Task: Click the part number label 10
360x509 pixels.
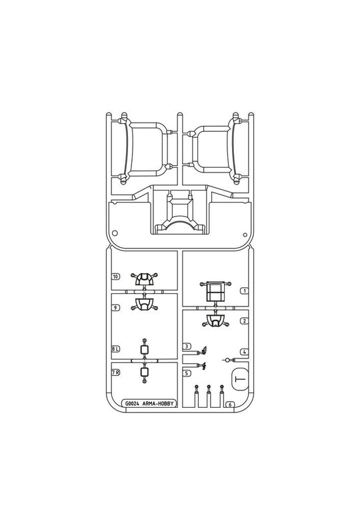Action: point(115,276)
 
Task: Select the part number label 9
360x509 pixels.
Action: point(115,307)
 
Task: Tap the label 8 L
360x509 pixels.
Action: point(115,349)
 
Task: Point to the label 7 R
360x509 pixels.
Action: point(115,372)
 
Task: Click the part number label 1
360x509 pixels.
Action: point(244,291)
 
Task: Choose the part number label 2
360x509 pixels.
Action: point(244,321)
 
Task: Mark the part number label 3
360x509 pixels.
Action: point(187,346)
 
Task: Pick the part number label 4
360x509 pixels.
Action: point(244,352)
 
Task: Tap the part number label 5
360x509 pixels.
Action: point(187,373)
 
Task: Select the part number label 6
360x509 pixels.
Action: point(230,404)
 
